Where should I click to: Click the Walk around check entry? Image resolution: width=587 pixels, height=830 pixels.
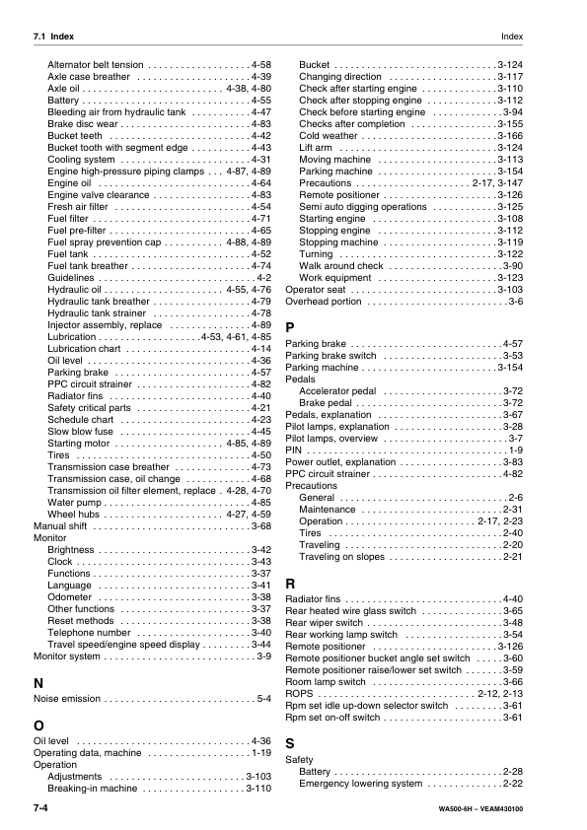341,266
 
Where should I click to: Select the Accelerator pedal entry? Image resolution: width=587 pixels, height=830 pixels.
337,390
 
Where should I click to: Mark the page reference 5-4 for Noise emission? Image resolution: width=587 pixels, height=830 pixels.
263,699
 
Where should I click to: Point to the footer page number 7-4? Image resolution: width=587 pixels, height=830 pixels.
41,808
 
